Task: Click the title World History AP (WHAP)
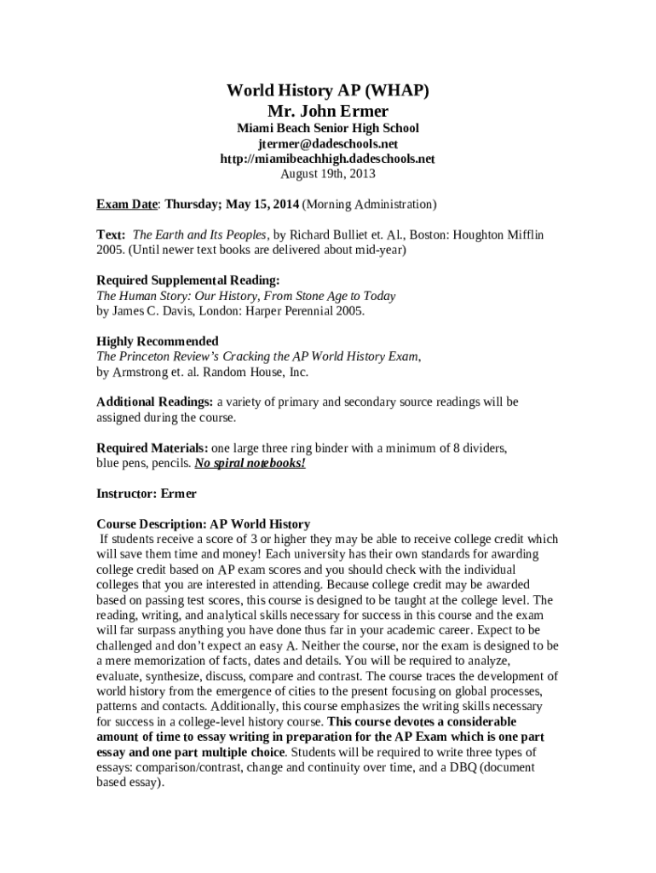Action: point(327,90)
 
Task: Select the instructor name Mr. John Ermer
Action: point(327,111)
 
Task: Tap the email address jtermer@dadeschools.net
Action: point(327,143)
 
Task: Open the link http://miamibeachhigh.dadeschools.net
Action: point(327,159)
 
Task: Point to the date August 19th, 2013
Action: point(327,174)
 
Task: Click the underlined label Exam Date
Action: point(127,205)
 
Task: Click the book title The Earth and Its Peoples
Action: point(200,234)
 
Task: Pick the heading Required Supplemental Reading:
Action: point(187,280)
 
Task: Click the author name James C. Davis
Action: point(158,311)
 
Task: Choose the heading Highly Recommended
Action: point(158,341)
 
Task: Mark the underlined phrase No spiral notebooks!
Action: point(250,463)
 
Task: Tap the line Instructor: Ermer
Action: point(147,494)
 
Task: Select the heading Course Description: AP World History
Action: point(203,524)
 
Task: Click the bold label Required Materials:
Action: point(152,448)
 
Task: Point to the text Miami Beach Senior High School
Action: point(327,128)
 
